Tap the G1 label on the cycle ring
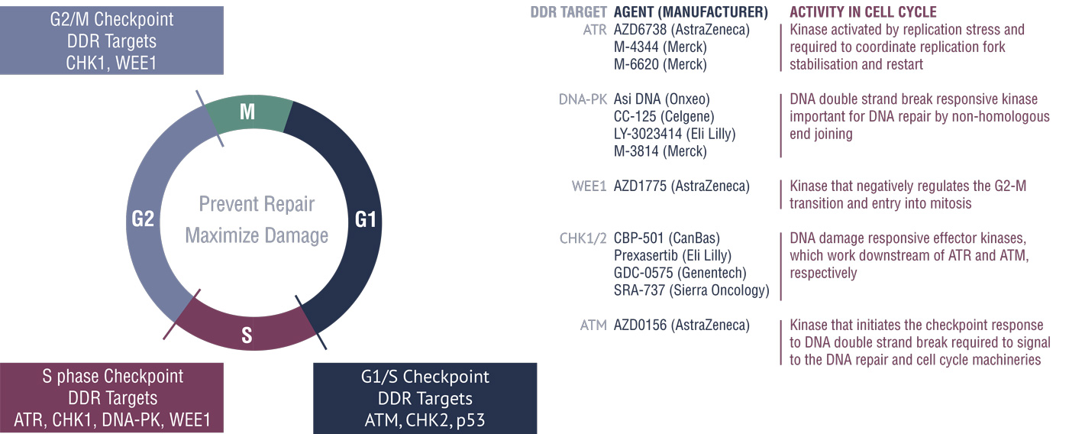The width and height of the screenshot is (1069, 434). pyautogui.click(x=366, y=219)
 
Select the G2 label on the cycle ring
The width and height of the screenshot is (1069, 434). pyautogui.click(x=143, y=219)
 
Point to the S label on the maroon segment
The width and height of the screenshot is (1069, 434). pyautogui.click(x=247, y=335)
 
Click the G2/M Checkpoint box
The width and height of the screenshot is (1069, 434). pyautogui.click(x=111, y=40)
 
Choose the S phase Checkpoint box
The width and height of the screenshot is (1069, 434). pyautogui.click(x=111, y=398)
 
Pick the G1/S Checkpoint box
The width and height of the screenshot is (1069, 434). pyautogui.click(x=425, y=398)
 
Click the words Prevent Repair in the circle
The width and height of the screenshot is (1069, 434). pyautogui.click(x=257, y=204)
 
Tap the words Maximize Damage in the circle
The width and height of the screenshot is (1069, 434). pyautogui.click(x=257, y=235)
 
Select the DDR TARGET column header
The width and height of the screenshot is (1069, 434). pyautogui.click(x=568, y=12)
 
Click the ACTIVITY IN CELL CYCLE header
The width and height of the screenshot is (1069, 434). pyautogui.click(x=863, y=12)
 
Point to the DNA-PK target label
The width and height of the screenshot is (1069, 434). pyautogui.click(x=583, y=99)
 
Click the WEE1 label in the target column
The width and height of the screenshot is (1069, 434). pyautogui.click(x=589, y=186)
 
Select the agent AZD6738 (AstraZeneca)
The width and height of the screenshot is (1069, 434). pyautogui.click(x=681, y=30)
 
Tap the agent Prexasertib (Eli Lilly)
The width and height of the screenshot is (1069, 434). pyautogui.click(x=673, y=255)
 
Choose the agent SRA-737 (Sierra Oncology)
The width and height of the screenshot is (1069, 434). pyautogui.click(x=692, y=290)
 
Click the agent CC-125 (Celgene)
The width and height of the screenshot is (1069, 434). pyautogui.click(x=664, y=116)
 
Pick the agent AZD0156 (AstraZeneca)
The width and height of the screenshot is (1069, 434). pyautogui.click(x=681, y=325)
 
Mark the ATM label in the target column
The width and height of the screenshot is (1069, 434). pyautogui.click(x=593, y=325)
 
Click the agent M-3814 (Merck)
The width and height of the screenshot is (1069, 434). pyautogui.click(x=660, y=151)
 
